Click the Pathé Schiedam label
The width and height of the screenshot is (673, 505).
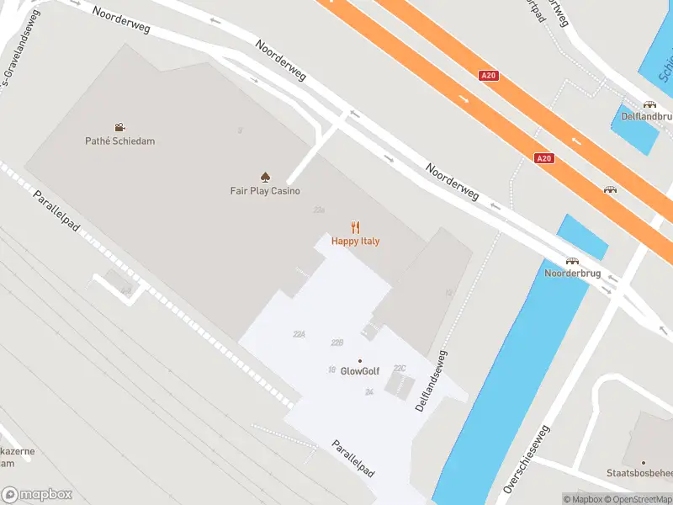[119, 141]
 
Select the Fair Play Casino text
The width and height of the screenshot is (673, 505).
[265, 191]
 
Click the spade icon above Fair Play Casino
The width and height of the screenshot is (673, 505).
[265, 177]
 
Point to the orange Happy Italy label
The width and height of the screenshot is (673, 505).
[355, 241]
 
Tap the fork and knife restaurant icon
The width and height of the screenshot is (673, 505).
[355, 226]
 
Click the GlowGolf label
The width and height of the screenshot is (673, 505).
[361, 371]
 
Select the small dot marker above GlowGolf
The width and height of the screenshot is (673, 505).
[360, 360]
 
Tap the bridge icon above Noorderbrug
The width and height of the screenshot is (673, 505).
[572, 261]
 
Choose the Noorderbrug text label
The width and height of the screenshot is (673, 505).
[571, 274]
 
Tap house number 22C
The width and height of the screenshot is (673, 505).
[400, 368]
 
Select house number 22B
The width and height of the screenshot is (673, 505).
[337, 343]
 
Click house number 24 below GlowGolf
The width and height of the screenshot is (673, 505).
[369, 392]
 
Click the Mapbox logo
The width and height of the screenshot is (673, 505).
[37, 495]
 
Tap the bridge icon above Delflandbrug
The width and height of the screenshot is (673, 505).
[649, 104]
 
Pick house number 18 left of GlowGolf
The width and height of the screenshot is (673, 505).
[331, 369]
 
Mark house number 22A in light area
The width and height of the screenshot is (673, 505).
[299, 334]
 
